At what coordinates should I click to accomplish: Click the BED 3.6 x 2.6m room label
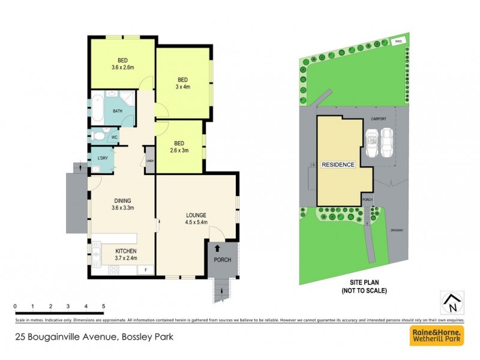(x=122, y=64)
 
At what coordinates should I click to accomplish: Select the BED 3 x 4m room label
(x=182, y=83)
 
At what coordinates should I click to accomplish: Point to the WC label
(x=115, y=137)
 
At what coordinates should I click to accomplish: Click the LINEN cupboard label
(x=150, y=161)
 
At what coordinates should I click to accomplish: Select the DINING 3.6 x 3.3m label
(x=122, y=205)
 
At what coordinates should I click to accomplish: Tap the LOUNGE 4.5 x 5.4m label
(x=196, y=218)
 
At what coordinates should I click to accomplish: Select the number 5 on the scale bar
(x=104, y=306)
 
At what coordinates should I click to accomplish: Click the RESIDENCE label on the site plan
(x=338, y=164)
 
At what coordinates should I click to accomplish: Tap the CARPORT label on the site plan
(x=378, y=119)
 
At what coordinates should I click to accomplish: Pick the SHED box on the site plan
(x=397, y=41)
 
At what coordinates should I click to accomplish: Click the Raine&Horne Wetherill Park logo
(x=437, y=335)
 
